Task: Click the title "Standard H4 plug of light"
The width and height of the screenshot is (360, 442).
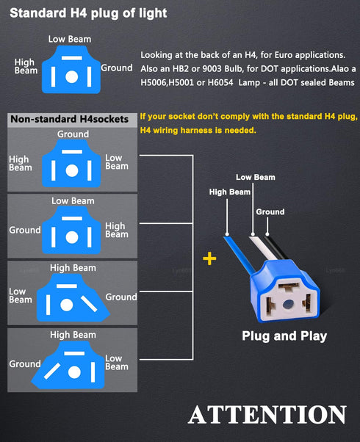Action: (x=88, y=13)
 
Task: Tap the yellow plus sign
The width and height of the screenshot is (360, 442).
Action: (x=209, y=258)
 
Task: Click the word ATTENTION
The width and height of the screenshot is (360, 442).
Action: (x=267, y=414)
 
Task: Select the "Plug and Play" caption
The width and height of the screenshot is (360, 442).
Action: (x=284, y=336)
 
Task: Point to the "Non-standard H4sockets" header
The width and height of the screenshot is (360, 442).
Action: (x=69, y=119)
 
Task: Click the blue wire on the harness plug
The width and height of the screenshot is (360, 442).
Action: (x=239, y=255)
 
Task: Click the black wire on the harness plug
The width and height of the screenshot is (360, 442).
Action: (x=275, y=247)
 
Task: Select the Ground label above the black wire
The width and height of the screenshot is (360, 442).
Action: (x=270, y=211)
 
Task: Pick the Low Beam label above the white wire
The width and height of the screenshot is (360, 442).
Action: (x=256, y=177)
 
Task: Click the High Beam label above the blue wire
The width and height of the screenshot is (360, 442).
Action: (x=230, y=192)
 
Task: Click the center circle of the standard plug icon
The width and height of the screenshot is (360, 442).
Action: (x=72, y=76)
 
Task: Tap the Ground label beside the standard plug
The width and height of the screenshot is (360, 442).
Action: (x=117, y=68)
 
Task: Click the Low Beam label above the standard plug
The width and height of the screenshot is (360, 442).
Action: (x=70, y=39)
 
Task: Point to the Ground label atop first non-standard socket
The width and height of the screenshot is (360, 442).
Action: (x=73, y=134)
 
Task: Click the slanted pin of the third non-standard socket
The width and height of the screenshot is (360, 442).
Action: (x=89, y=304)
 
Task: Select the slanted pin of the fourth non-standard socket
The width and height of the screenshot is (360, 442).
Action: (x=52, y=371)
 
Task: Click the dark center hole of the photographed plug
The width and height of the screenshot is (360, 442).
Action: (x=288, y=304)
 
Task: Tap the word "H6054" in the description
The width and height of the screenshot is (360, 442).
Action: (x=220, y=82)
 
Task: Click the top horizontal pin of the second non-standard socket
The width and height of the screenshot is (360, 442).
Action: (x=72, y=219)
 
